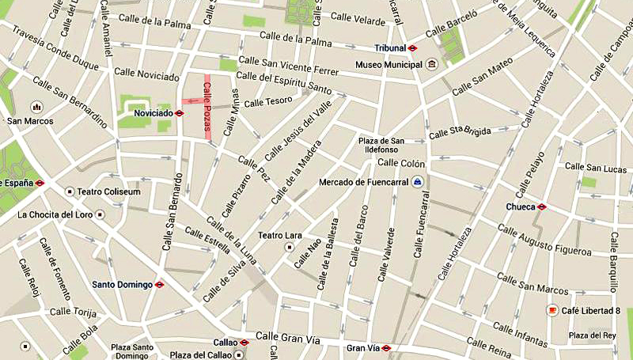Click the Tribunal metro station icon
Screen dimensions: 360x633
(x=412, y=47)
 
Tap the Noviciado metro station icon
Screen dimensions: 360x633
(x=180, y=113)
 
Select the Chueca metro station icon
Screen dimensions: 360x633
(x=542, y=207)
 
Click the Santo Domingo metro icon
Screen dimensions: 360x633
(x=159, y=284)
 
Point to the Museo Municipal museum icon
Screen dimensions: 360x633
(x=431, y=64)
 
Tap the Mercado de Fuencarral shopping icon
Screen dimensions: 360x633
(x=417, y=182)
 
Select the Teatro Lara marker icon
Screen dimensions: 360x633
(x=289, y=248)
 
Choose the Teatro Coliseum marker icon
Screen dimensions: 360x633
(x=70, y=191)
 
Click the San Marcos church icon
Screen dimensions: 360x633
(x=36, y=106)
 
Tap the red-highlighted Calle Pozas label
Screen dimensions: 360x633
(x=208, y=108)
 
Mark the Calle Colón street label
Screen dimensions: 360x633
(x=402, y=164)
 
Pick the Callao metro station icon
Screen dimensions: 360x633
(x=244, y=343)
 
